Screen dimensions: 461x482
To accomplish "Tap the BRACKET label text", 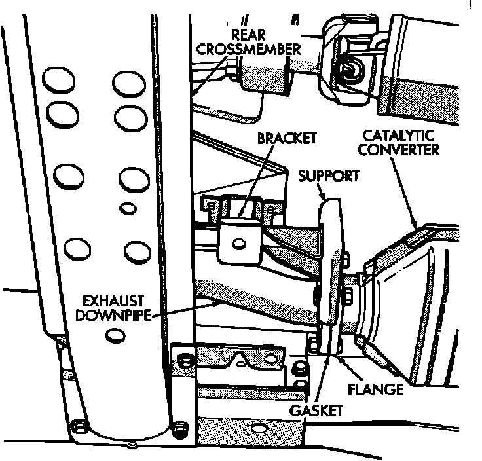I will click(287, 138).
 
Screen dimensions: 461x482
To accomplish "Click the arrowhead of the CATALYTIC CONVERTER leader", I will click(417, 228).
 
